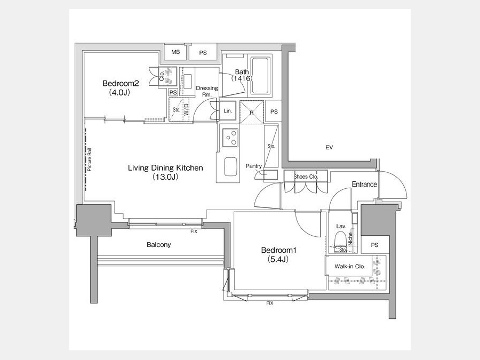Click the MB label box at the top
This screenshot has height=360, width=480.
(175, 52)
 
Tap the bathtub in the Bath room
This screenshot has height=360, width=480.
(260, 76)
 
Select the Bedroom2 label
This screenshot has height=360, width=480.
(121, 83)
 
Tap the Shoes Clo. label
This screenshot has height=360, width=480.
(306, 177)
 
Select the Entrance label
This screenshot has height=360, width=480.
(364, 185)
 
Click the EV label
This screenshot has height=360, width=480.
(329, 148)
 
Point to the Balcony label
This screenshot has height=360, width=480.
(158, 245)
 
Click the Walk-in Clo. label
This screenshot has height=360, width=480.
(349, 266)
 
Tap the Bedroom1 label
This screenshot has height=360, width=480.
(279, 250)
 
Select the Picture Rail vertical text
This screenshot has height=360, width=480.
(90, 159)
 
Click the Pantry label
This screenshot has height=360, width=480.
(253, 166)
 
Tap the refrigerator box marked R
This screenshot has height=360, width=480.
(252, 112)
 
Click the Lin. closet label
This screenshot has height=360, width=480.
(228, 111)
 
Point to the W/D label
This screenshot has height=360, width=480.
(186, 109)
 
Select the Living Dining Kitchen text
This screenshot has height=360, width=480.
(165, 168)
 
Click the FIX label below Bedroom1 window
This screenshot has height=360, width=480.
(269, 303)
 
